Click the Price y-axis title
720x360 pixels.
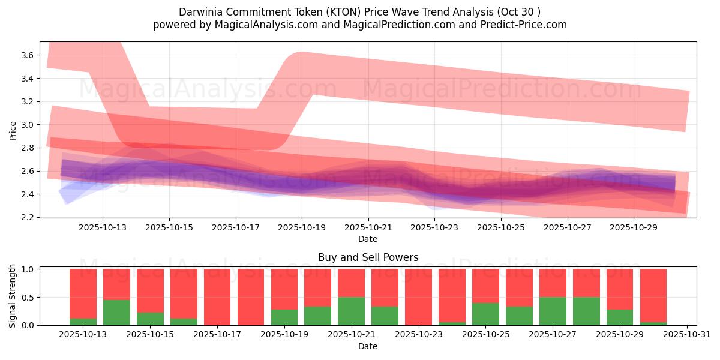point(13,130)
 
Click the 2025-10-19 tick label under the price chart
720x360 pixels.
point(302,227)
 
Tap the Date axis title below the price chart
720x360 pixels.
point(368,239)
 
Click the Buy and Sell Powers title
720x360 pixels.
point(368,258)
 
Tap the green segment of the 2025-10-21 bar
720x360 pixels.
point(351,311)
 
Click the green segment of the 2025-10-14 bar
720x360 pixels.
point(116,313)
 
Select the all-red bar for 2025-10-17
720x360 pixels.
point(217,297)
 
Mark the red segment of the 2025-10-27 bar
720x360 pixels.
point(553,283)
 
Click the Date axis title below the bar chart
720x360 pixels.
point(368,346)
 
